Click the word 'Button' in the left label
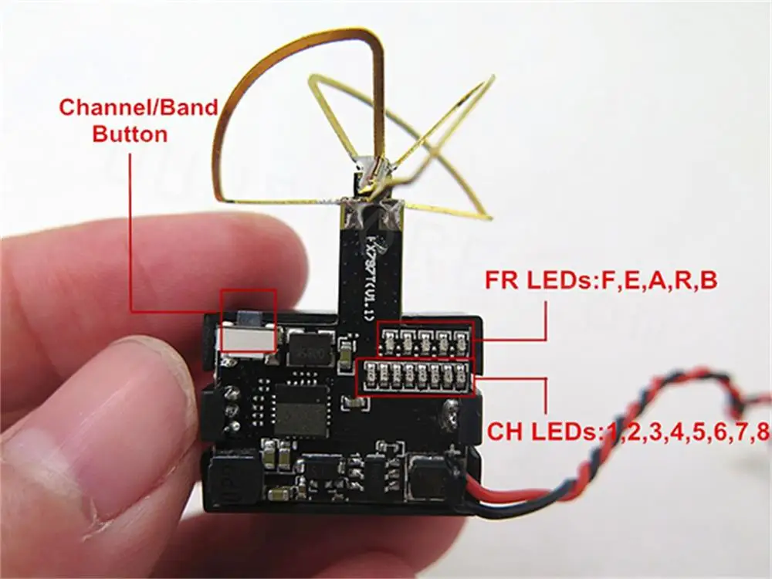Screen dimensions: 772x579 coord(129,134)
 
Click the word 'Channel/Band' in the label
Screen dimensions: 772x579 coord(138,107)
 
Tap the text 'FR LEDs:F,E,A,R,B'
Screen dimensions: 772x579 coord(601,279)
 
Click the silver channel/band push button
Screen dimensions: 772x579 coord(247,339)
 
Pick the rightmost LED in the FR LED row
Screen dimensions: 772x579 coord(462,338)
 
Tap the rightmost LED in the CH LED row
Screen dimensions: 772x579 coord(461,376)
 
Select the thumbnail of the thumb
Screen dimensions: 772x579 coord(46,494)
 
